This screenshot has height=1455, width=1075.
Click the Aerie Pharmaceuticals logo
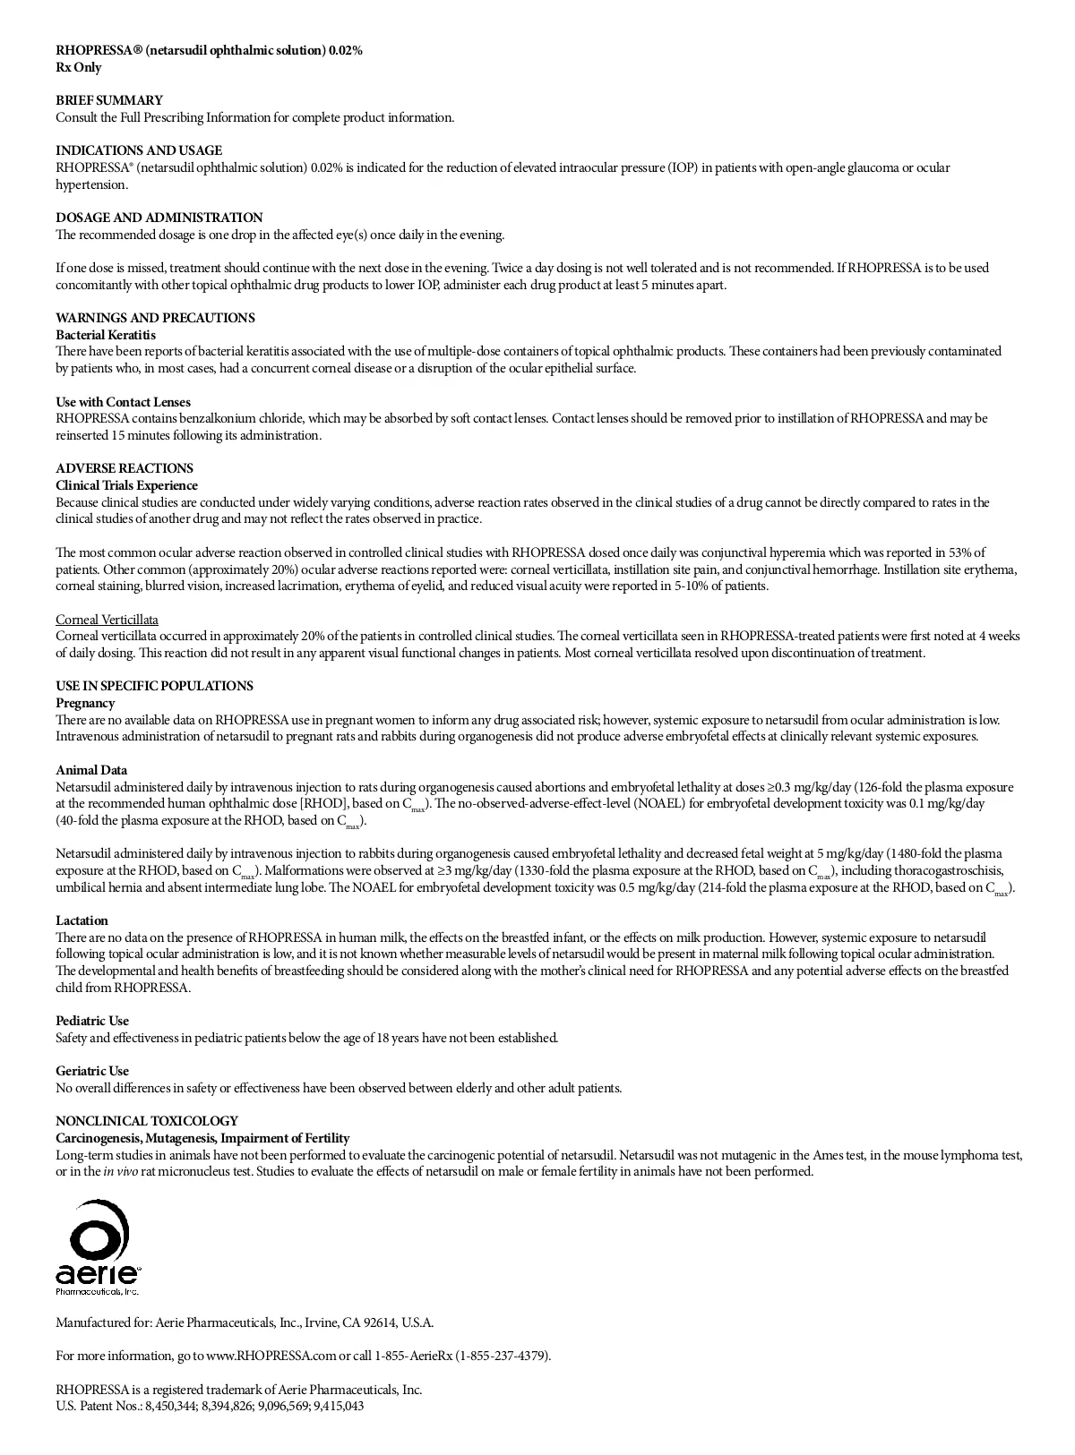(98, 1247)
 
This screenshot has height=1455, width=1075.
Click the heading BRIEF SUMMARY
(109, 100)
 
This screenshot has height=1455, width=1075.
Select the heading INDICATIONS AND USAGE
(139, 150)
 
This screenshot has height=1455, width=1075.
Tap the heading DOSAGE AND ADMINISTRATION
(159, 218)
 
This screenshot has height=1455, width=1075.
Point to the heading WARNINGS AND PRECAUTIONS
(155, 318)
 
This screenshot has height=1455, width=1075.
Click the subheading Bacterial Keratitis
(106, 335)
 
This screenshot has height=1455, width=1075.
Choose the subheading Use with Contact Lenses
(123, 402)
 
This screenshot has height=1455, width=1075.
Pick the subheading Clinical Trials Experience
(126, 485)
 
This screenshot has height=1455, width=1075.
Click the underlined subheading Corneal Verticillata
(107, 620)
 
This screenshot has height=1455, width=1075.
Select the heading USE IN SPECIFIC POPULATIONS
(154, 686)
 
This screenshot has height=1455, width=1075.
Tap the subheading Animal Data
(91, 770)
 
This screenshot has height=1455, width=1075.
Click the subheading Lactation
(82, 920)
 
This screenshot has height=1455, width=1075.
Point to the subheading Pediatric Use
(92, 1021)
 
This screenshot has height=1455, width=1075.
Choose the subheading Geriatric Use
(92, 1071)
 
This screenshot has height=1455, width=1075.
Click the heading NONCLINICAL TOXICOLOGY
(147, 1121)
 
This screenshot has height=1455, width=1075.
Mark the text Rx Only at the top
(79, 67)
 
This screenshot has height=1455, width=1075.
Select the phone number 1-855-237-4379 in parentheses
(503, 1356)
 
